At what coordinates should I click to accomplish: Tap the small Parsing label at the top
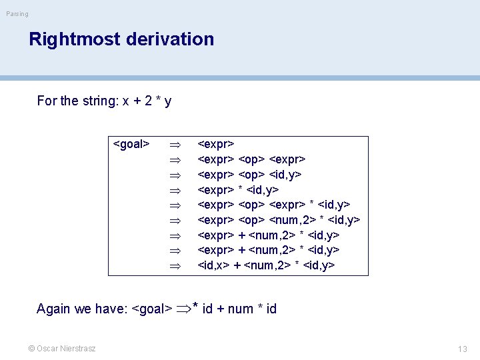point(17,14)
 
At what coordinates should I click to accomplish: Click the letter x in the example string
point(125,101)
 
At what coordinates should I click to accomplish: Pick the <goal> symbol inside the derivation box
point(131,144)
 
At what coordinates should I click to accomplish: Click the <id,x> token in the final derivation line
point(215,265)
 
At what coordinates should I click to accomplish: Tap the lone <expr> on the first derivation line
point(215,144)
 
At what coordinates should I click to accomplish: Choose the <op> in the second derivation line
point(253,159)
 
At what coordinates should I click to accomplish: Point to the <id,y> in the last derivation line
point(319,265)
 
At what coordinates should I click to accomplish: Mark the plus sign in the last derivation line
point(237,265)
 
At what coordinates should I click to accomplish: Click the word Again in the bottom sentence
point(54,309)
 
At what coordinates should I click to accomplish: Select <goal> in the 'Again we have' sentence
point(151,309)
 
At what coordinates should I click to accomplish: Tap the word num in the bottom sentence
point(240,309)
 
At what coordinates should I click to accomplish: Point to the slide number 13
point(463,349)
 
